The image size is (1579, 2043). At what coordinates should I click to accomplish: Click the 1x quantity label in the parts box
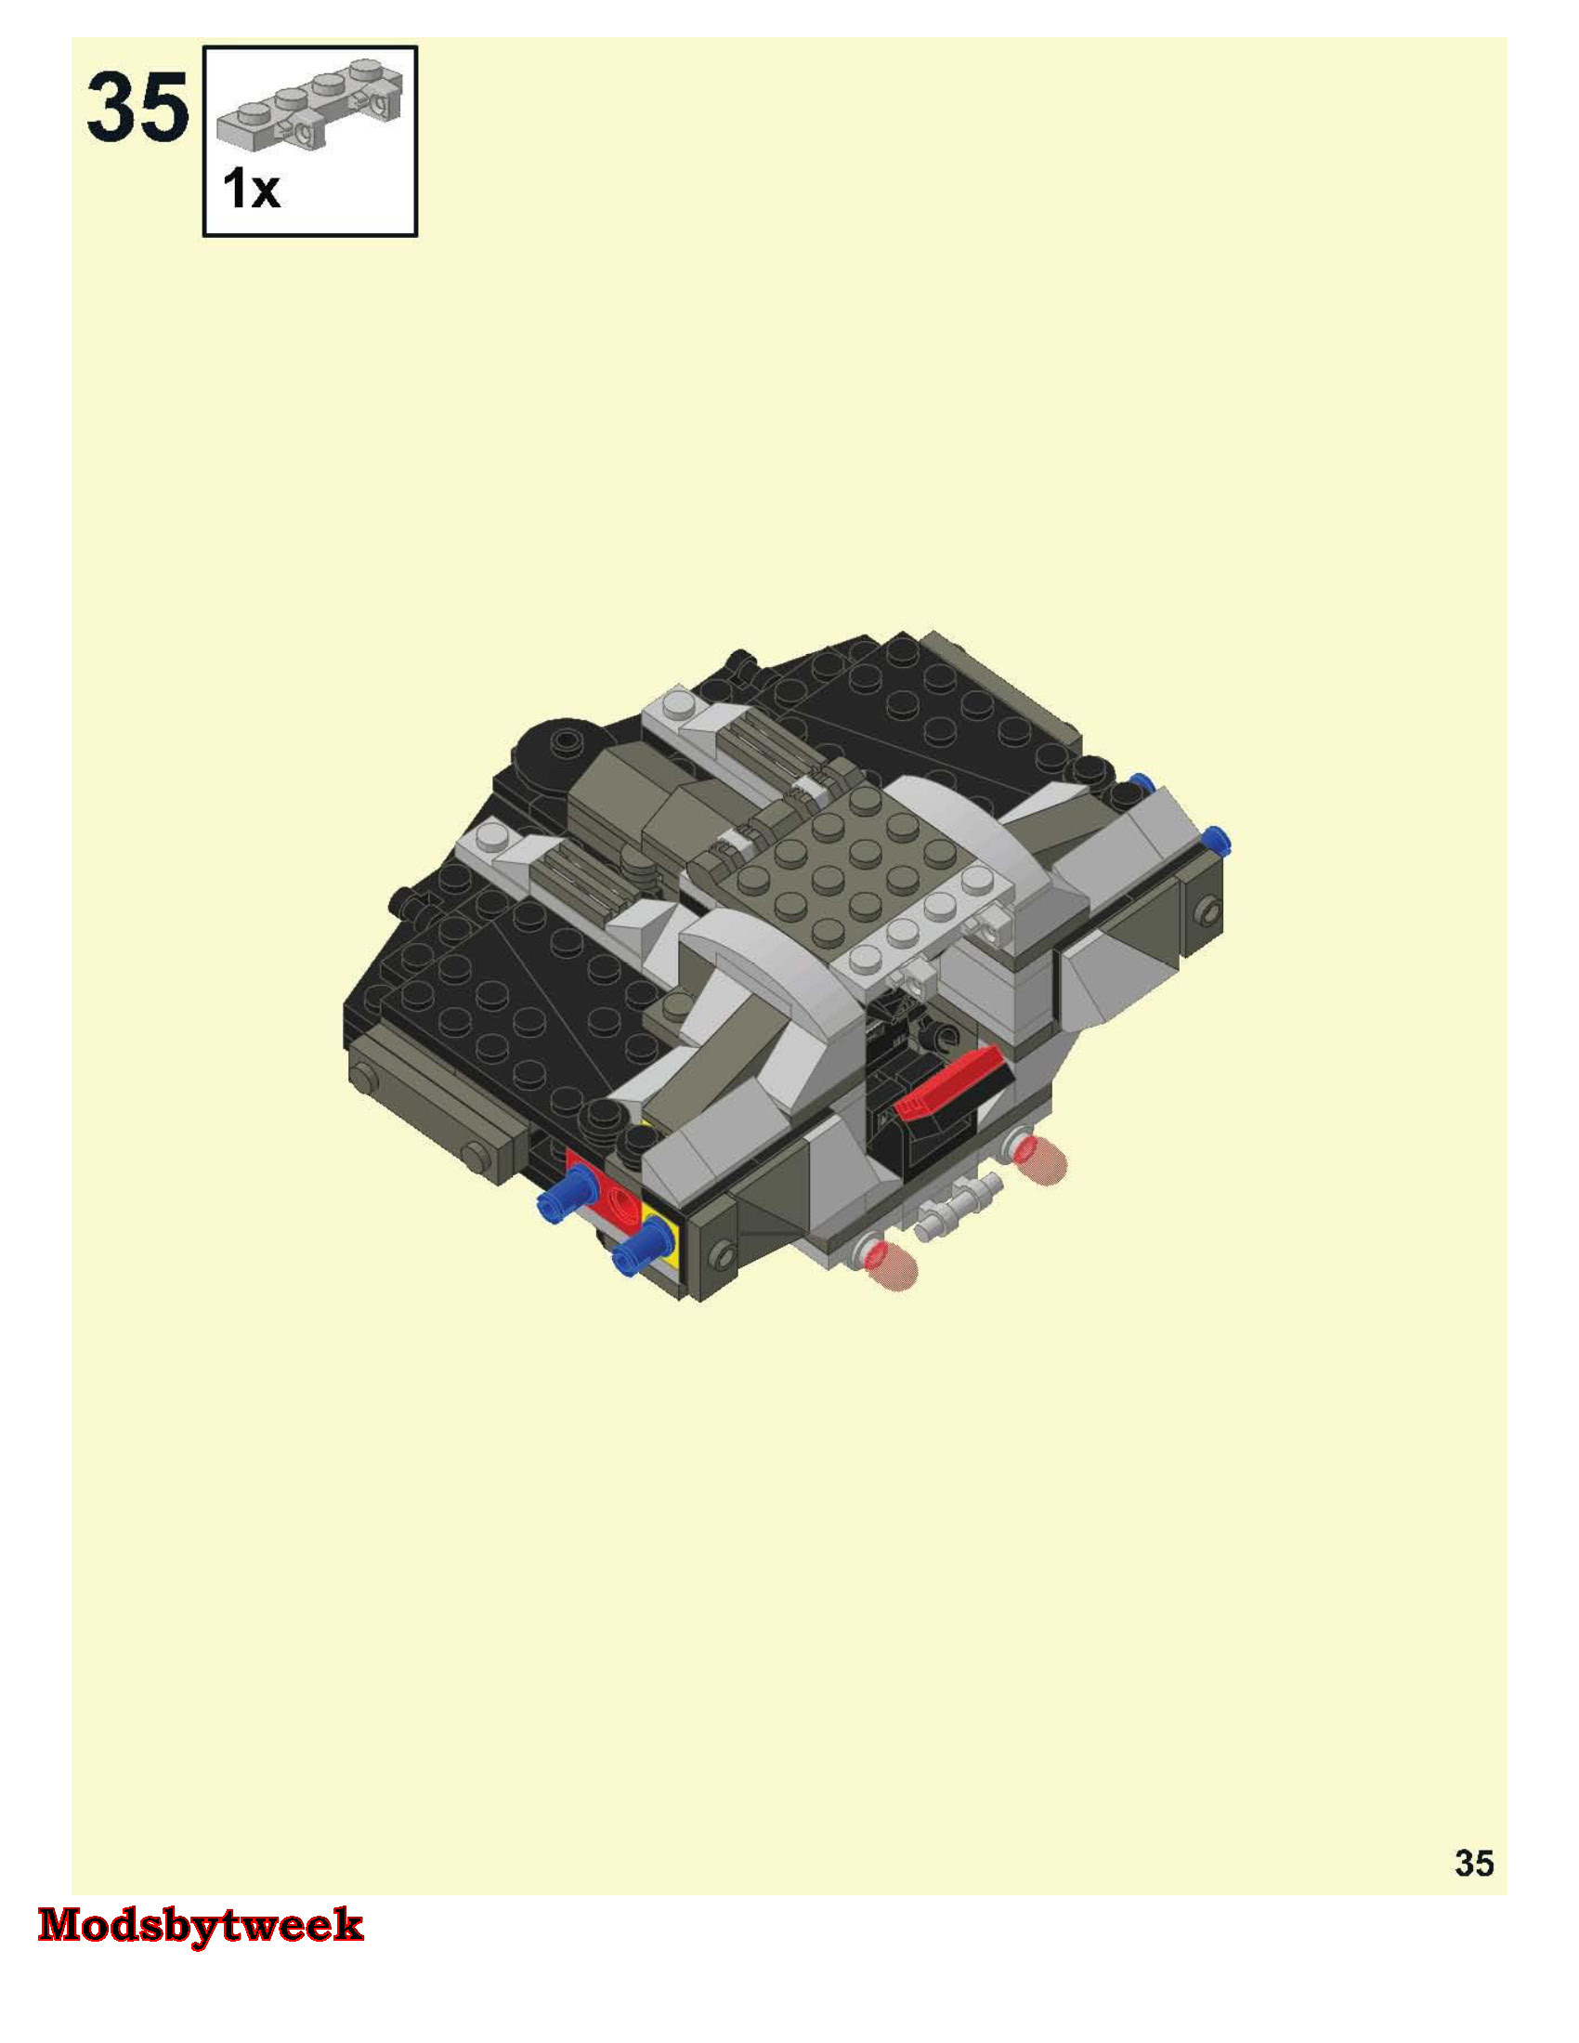(x=251, y=190)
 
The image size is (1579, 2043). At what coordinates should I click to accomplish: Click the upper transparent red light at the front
(x=1040, y=1159)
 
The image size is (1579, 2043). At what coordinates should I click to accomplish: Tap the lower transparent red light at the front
(x=892, y=1264)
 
